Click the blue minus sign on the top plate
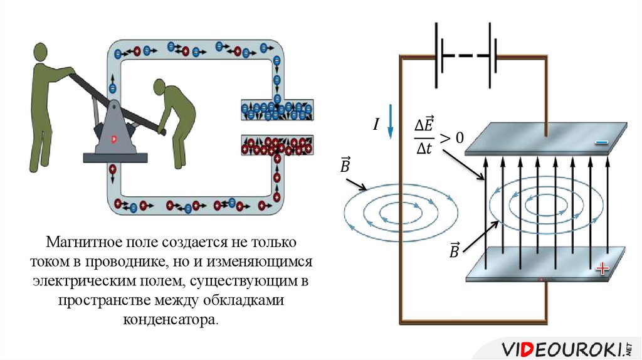(602, 143)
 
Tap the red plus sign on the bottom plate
(603, 269)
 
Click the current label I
(376, 125)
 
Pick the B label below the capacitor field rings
(453, 251)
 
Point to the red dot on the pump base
(114, 139)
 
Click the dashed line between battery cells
(465, 55)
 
